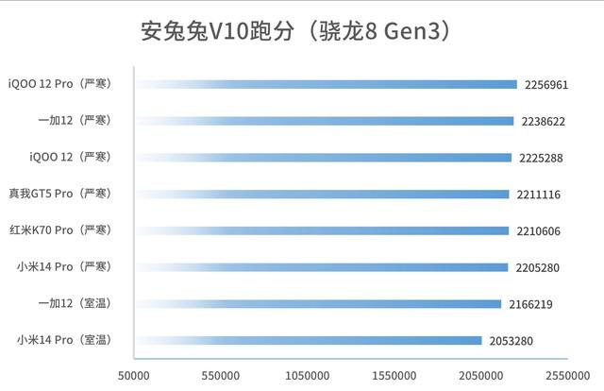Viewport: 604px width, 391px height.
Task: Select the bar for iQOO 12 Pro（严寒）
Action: point(327,84)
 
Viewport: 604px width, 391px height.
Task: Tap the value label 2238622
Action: point(542,121)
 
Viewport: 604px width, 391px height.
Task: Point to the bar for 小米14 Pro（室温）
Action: point(309,340)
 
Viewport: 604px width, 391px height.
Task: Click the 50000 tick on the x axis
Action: point(134,375)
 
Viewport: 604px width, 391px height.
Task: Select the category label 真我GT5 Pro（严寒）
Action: point(59,194)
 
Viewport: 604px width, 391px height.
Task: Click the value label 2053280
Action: point(510,340)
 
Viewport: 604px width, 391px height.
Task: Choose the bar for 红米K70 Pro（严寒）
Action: point(322,230)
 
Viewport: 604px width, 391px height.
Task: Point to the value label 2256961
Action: point(545,85)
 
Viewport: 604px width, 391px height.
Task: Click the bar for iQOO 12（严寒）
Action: point(323,158)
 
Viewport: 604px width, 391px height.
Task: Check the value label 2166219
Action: point(528,304)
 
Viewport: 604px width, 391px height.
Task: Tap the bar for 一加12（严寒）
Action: point(325,121)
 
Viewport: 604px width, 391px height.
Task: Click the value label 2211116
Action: point(538,195)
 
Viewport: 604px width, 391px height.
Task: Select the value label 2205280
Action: point(537,267)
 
